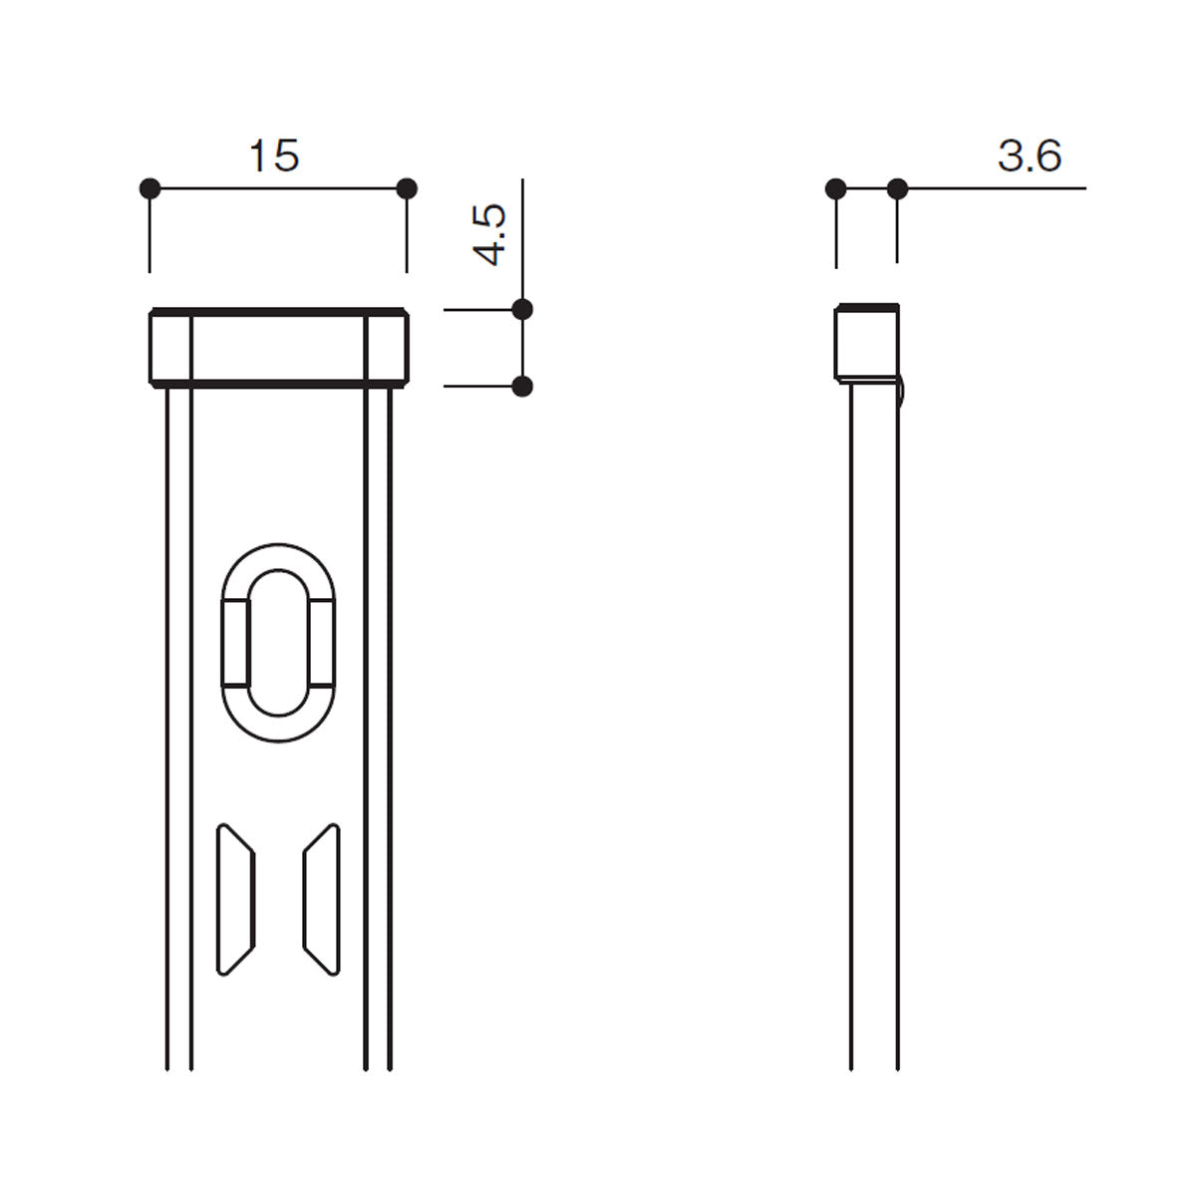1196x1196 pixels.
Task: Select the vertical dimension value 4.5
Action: (489, 234)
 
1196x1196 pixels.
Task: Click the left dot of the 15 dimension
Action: (150, 188)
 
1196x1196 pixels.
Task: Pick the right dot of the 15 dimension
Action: (407, 188)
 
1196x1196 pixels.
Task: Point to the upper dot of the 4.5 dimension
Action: (522, 308)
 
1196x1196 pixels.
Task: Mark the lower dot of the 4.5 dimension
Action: (522, 387)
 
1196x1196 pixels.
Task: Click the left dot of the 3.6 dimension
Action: (836, 188)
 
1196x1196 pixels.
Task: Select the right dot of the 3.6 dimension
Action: (897, 188)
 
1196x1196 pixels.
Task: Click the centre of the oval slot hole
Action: (278, 643)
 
